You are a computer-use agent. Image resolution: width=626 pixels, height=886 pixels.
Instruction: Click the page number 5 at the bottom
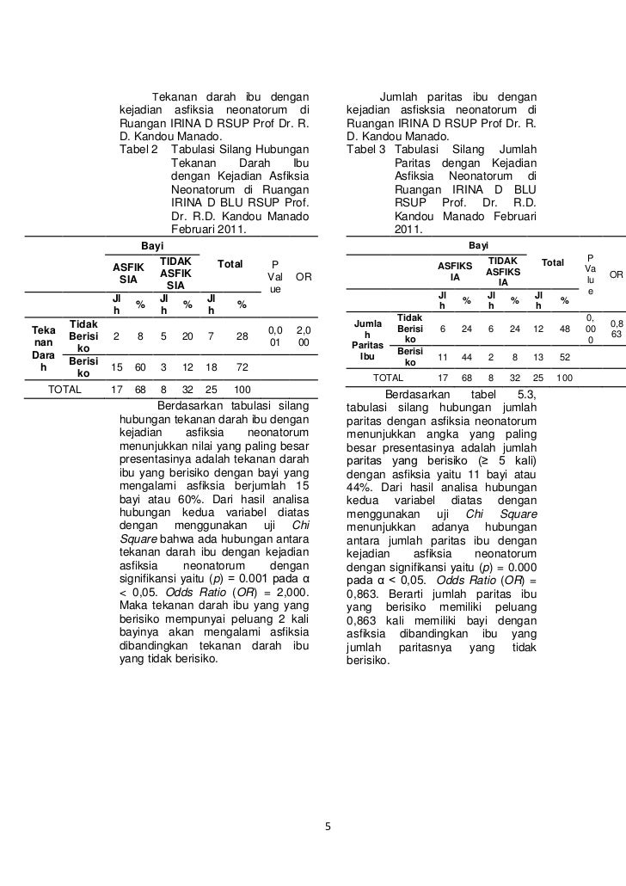[x=328, y=828]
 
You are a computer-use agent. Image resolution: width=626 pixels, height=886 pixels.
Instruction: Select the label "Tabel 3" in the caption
[x=366, y=148]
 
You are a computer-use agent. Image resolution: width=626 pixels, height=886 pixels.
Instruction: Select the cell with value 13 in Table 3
[x=539, y=357]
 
